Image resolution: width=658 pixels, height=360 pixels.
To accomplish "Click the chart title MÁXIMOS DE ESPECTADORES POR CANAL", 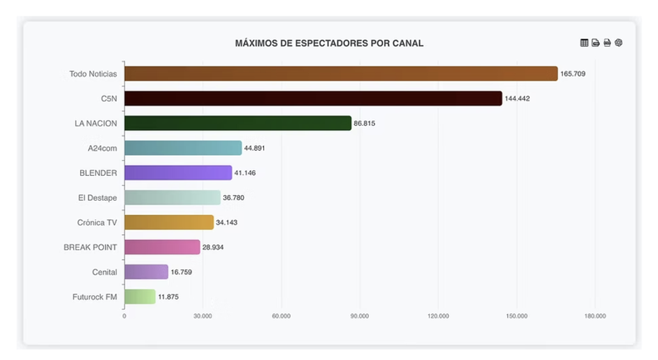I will (x=329, y=43).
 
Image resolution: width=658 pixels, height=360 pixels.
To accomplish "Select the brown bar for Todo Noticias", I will (x=341, y=73).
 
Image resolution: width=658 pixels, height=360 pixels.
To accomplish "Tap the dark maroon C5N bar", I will (x=313, y=98).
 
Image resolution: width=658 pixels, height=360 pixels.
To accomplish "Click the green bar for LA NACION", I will (x=237, y=123).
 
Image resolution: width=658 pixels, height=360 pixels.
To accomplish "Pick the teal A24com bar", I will (x=182, y=148).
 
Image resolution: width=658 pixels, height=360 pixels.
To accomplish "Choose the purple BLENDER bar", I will (x=177, y=172).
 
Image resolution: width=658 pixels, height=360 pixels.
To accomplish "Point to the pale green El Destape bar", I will (x=172, y=197).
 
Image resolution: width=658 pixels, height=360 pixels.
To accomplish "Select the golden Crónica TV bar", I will (x=169, y=222).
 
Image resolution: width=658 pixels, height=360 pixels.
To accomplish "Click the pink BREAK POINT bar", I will (x=162, y=247).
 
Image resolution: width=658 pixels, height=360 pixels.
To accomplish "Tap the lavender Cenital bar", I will (x=146, y=272).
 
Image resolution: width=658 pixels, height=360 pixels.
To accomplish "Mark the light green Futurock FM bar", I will (x=139, y=297).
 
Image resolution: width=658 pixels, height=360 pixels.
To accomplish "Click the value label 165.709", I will (x=573, y=74).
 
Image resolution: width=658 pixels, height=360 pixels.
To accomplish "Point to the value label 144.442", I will (x=517, y=98).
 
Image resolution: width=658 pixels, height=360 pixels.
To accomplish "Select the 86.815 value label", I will (x=364, y=123).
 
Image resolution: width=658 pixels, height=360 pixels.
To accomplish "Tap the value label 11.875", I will (x=168, y=297).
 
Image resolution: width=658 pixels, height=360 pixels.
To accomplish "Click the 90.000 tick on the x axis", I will (x=360, y=317).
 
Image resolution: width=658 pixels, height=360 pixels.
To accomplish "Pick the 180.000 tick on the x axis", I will (x=595, y=317).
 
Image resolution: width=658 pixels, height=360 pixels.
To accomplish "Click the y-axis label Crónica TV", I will (x=97, y=222).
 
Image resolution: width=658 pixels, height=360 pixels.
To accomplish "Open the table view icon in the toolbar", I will (x=584, y=42).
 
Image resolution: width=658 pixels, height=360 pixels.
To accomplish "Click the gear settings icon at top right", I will (x=619, y=42).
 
